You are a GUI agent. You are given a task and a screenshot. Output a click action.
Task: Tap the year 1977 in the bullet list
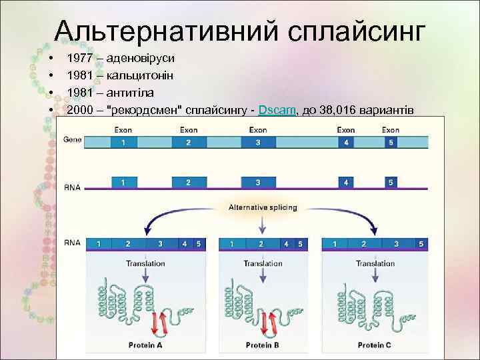(x=80, y=58)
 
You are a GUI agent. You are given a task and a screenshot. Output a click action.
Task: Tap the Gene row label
(x=72, y=140)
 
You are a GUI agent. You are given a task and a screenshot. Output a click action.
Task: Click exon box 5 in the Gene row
(x=391, y=143)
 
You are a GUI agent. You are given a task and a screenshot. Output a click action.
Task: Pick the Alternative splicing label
(x=263, y=207)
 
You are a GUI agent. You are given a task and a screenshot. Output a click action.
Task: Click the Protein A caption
(x=145, y=345)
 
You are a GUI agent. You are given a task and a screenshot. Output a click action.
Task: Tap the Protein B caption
(x=262, y=345)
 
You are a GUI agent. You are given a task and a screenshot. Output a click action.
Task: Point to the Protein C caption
(x=374, y=345)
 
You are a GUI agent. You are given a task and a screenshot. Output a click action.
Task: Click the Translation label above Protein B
(x=263, y=263)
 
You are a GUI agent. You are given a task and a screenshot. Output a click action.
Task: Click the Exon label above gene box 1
(x=123, y=130)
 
